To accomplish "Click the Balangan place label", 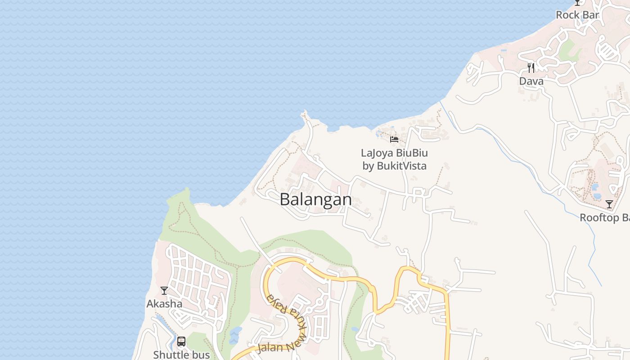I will click(315, 199).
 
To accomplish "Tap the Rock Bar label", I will click(577, 15).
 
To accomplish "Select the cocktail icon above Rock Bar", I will click(577, 2).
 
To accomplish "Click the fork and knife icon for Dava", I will click(531, 68).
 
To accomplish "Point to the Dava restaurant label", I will click(531, 81).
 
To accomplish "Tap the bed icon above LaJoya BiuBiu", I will click(394, 139).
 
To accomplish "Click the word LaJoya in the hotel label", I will click(377, 153).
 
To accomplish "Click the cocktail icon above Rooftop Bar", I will click(609, 204).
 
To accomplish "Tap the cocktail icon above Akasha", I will click(164, 291).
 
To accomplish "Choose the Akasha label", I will click(164, 304).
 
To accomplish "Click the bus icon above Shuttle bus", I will click(181, 342).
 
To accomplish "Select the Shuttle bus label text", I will click(181, 355).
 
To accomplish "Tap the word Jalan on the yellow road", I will click(270, 349).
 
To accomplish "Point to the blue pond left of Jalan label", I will click(234, 334).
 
